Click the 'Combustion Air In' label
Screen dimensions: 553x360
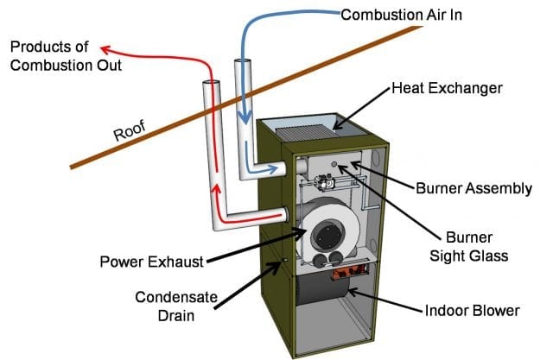point(401,16)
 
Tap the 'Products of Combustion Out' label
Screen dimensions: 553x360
point(66,56)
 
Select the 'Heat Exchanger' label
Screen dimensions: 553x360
point(447,88)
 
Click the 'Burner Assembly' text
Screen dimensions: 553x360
point(474,188)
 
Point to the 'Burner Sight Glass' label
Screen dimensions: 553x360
point(468,247)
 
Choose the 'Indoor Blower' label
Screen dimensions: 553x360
point(473,311)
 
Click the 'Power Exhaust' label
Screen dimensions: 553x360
point(152,262)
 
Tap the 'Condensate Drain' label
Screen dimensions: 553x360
point(176,306)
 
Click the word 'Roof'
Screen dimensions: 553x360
point(130,130)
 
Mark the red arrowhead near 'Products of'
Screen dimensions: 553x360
point(105,50)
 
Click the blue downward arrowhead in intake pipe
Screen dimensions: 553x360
point(245,117)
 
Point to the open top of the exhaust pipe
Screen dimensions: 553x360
point(211,83)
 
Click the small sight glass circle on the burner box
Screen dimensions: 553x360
point(334,164)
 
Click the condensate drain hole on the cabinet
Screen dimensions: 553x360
point(285,261)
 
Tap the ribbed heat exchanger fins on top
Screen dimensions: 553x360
point(305,134)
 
